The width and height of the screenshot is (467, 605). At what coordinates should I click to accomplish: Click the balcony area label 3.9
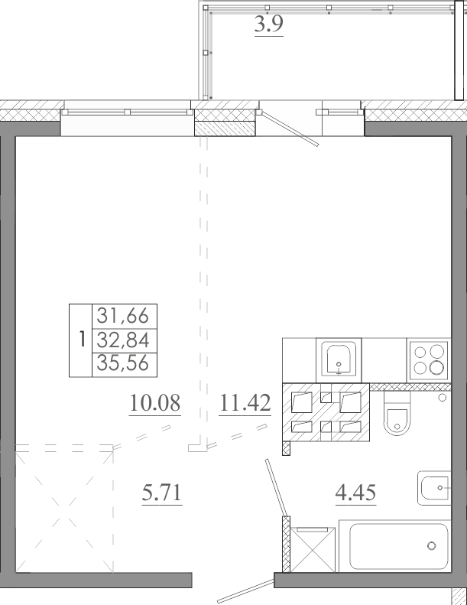pos(269,24)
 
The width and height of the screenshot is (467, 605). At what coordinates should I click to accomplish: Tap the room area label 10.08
pos(155,403)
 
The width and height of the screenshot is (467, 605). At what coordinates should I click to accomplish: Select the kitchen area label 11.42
pos(245,403)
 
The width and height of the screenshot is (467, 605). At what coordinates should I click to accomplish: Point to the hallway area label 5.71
pos(161,493)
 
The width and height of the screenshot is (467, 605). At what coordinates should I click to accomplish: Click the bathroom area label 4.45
pos(355,493)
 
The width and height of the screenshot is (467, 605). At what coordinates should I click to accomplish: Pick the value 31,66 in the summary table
pos(122,316)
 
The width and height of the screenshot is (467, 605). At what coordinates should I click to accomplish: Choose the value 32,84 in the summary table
pos(122,340)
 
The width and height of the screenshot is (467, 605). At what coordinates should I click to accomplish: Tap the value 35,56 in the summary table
pos(122,363)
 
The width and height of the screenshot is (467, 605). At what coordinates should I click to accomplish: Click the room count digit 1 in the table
pos(81,340)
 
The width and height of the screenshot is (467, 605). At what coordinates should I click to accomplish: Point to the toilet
pos(396,414)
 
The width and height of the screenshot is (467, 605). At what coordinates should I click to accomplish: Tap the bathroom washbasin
pos(435,488)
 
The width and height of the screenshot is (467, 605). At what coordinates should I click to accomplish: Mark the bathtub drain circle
pos(432,545)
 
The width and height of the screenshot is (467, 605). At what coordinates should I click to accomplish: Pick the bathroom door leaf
pos(276,487)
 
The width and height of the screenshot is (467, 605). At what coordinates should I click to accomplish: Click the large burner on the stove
pos(437,367)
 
